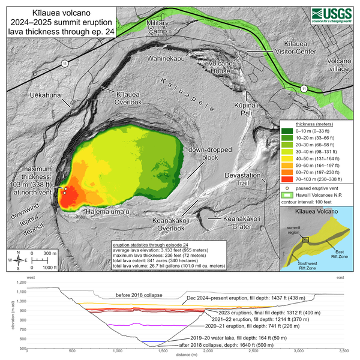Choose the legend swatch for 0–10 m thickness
point(287,130)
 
